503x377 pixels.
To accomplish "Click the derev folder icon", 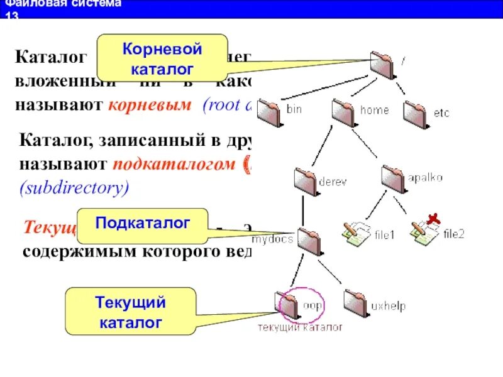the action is pyautogui.click(x=306, y=182).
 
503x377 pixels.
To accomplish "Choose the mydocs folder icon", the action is pyautogui.click(x=309, y=240).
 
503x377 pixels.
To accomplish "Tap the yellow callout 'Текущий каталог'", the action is pyautogui.click(x=131, y=312).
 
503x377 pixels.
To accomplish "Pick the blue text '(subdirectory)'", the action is pyautogui.click(x=75, y=188).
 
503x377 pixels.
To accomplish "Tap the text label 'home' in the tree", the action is pyautogui.click(x=374, y=110).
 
